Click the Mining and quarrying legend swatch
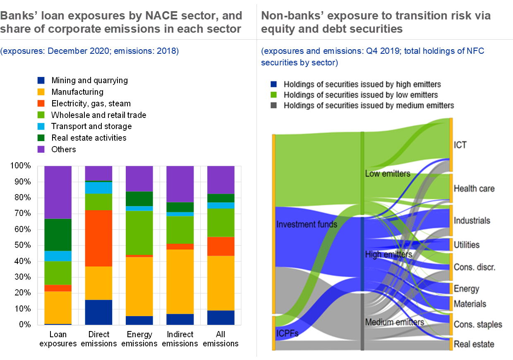click(x=41, y=80)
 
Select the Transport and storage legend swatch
click(x=41, y=126)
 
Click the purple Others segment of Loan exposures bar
click(x=58, y=192)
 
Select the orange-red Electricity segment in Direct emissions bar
click(x=98, y=238)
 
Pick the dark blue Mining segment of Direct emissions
click(x=98, y=312)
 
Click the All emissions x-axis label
click(x=220, y=339)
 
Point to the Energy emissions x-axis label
click(x=139, y=339)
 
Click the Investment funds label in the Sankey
click(x=307, y=225)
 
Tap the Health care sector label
click(x=474, y=189)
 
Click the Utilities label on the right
click(x=466, y=245)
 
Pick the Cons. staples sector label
click(x=478, y=324)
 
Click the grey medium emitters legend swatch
click(x=273, y=106)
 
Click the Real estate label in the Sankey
click(x=474, y=344)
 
